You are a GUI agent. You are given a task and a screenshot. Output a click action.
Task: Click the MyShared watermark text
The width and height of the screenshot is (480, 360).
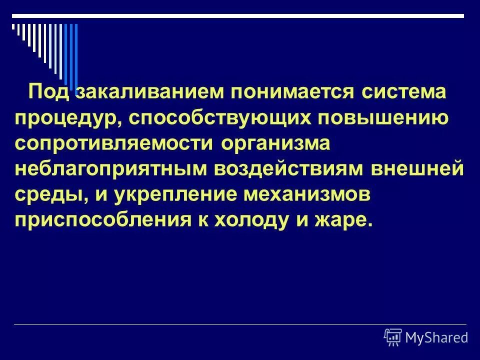436,337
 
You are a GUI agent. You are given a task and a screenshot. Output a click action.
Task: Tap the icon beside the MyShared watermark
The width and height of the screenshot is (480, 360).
393,337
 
